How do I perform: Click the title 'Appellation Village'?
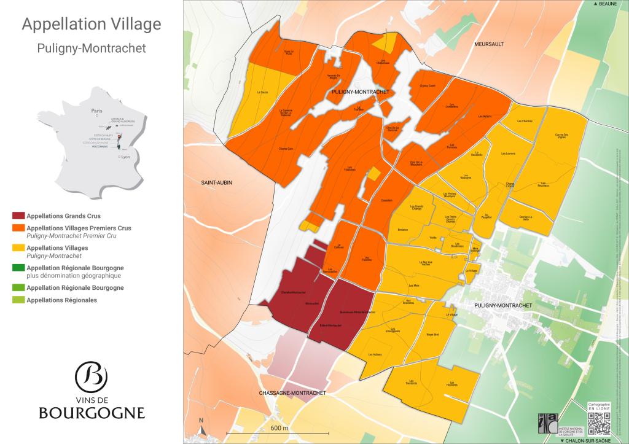pyautogui.click(x=92, y=25)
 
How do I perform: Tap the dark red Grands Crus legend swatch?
pyautogui.click(x=18, y=216)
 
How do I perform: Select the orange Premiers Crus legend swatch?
pyautogui.click(x=18, y=228)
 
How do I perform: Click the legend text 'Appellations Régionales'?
pyautogui.click(x=62, y=300)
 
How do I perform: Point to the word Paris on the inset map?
pyautogui.click(x=96, y=111)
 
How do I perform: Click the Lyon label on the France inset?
pyautogui.click(x=126, y=157)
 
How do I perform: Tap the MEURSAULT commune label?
pyautogui.click(x=489, y=45)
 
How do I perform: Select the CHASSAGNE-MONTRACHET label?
pyautogui.click(x=292, y=392)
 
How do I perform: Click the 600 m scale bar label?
pyautogui.click(x=279, y=427)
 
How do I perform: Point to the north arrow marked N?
pyautogui.click(x=201, y=423)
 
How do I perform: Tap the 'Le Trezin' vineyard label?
pyautogui.click(x=263, y=92)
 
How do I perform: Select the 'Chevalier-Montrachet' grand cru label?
pyautogui.click(x=292, y=292)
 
